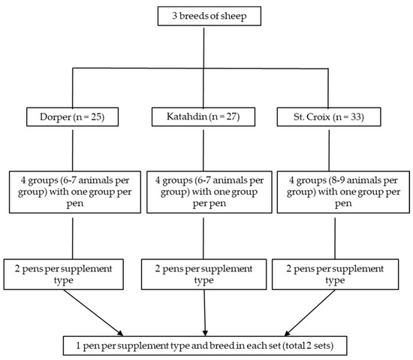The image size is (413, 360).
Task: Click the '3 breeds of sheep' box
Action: [x=210, y=16]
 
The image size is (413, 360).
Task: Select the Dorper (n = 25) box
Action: [x=72, y=116]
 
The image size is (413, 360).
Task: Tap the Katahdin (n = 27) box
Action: [x=203, y=116]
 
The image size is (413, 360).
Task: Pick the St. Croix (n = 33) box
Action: [x=329, y=116]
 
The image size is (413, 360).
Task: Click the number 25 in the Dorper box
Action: [x=96, y=116]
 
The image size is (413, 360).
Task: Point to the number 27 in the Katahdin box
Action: [x=231, y=116]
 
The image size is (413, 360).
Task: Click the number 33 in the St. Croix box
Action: [x=356, y=116]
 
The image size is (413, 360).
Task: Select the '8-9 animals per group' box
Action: [x=343, y=192]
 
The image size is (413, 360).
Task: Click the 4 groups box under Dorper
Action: [x=75, y=192]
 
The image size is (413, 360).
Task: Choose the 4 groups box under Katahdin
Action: [x=210, y=192]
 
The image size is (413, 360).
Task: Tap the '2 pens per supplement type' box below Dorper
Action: [x=64, y=274]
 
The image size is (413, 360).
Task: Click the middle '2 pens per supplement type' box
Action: [x=203, y=274]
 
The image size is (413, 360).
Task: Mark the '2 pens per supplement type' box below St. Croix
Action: [x=335, y=274]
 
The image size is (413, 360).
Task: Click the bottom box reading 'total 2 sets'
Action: [x=205, y=346]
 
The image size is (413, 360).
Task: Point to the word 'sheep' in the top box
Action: [x=234, y=16]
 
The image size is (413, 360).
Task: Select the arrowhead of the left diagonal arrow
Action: [x=120, y=333]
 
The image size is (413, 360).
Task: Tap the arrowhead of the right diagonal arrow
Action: [x=288, y=333]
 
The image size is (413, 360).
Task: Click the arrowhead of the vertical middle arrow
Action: [x=205, y=333]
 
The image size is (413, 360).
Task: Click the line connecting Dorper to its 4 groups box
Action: [x=72, y=150]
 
